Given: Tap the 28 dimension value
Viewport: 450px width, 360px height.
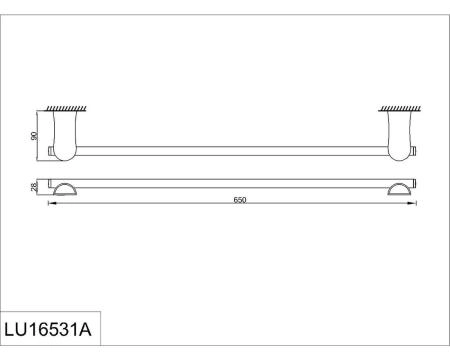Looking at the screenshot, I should [33, 186].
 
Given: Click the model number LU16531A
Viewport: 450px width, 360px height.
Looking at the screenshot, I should [51, 328].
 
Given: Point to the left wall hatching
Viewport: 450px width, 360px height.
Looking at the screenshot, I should [63, 108].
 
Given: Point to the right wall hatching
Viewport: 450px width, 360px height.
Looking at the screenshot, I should [397, 108].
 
